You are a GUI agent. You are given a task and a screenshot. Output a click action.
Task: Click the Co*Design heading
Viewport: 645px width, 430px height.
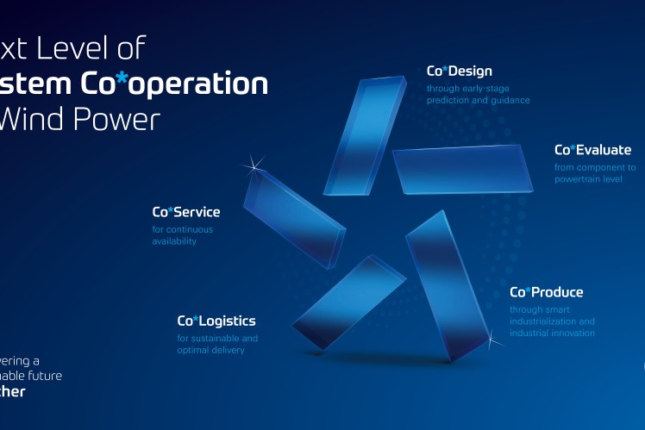[x=459, y=72]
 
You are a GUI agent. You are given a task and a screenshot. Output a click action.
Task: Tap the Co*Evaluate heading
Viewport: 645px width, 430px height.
[x=592, y=150]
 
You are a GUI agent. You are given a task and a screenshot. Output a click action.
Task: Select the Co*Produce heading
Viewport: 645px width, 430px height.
[x=546, y=292]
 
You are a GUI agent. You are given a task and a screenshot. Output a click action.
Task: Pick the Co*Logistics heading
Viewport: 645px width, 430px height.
[x=216, y=321]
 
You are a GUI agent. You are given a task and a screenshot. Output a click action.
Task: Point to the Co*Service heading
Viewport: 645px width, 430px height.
[x=186, y=212]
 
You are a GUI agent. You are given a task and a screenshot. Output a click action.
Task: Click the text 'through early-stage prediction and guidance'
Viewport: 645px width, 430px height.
[x=478, y=94]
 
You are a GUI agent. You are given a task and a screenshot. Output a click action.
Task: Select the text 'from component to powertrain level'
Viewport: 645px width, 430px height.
[x=594, y=173]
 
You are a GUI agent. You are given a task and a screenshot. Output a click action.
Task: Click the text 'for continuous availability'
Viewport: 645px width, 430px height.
[x=182, y=235]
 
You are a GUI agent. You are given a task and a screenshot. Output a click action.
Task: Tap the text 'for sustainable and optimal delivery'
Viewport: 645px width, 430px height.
[x=217, y=344]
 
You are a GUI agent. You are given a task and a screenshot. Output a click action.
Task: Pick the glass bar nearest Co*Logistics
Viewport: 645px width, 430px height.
[x=349, y=301]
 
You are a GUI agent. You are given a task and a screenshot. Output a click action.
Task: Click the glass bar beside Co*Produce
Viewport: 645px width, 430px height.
[x=447, y=284]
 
